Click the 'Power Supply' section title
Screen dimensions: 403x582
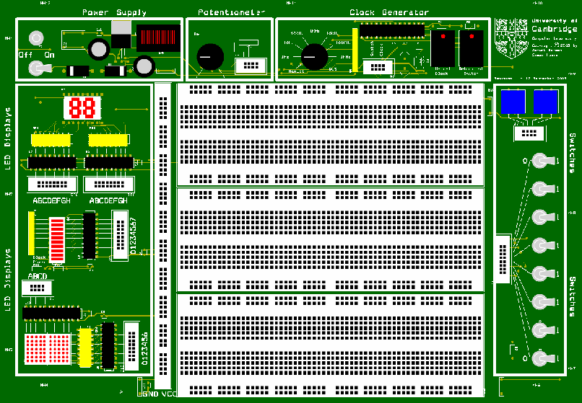(x=114, y=12)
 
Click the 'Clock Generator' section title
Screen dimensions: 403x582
(x=388, y=12)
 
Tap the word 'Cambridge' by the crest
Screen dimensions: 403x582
(x=554, y=30)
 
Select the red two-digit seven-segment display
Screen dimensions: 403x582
(x=81, y=108)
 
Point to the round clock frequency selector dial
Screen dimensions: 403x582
(x=314, y=56)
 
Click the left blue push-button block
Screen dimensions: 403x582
(x=513, y=102)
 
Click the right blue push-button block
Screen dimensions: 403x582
(x=546, y=102)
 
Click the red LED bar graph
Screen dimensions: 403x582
(x=56, y=237)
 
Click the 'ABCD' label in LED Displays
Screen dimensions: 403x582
(x=38, y=276)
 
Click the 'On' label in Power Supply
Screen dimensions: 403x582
(x=49, y=54)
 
